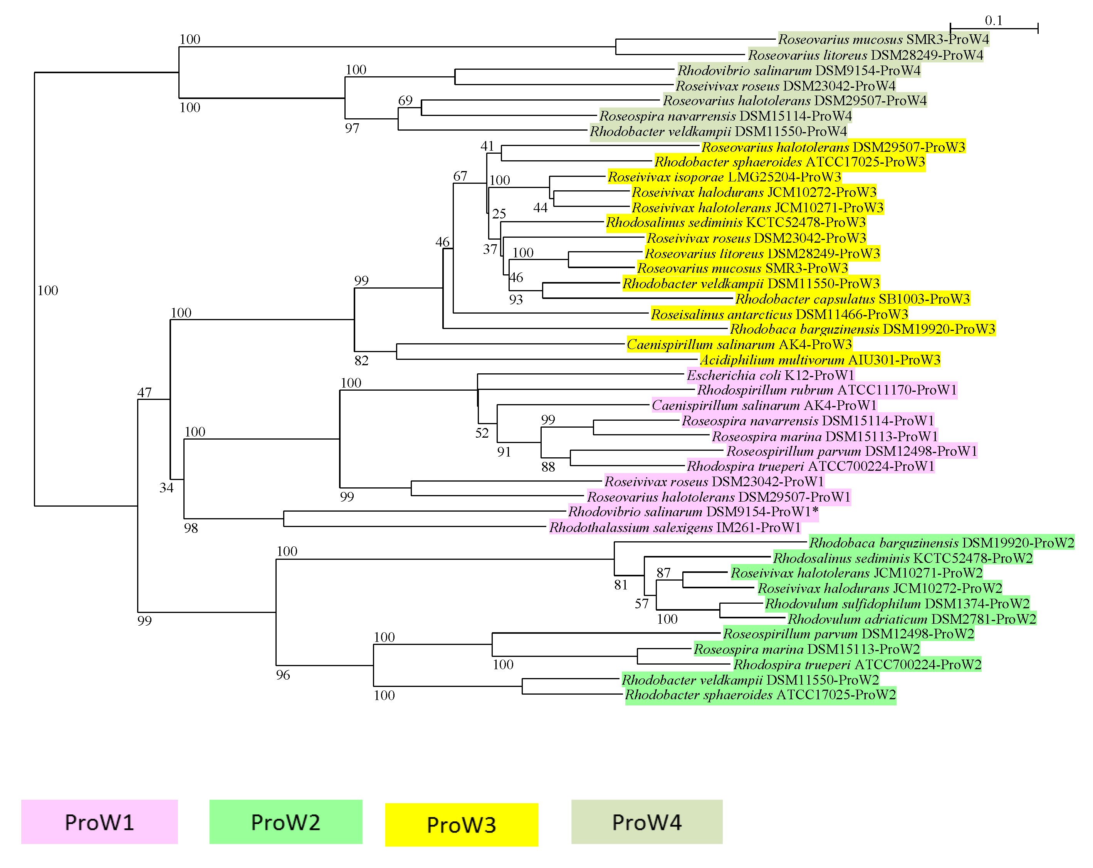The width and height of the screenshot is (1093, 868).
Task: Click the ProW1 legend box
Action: point(99,822)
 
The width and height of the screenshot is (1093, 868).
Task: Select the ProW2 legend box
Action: point(285,822)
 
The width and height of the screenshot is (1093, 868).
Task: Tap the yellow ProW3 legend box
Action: point(461,824)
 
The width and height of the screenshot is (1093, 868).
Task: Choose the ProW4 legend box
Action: point(646,822)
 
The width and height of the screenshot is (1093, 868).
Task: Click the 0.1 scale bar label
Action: point(993,20)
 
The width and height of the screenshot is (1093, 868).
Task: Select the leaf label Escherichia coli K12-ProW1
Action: point(770,375)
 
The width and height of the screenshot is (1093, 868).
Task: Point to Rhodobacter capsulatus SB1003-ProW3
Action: point(852,299)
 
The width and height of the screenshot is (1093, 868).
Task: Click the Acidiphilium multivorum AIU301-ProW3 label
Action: point(820,360)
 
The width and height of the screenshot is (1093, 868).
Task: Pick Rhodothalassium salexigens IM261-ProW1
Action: point(675,528)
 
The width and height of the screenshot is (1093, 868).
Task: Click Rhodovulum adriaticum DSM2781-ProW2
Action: point(912,619)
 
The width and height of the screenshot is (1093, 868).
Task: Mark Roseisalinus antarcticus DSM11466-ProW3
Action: point(779,314)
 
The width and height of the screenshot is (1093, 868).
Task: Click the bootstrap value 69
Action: point(405,101)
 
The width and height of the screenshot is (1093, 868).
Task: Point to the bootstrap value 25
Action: point(499,213)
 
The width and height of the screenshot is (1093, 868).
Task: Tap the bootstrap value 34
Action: point(166,488)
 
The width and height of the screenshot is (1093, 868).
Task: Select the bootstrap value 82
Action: point(361,361)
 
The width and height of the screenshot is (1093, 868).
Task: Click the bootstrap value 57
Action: point(642,604)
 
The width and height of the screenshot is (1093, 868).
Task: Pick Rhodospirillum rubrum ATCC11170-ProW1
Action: point(827,390)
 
